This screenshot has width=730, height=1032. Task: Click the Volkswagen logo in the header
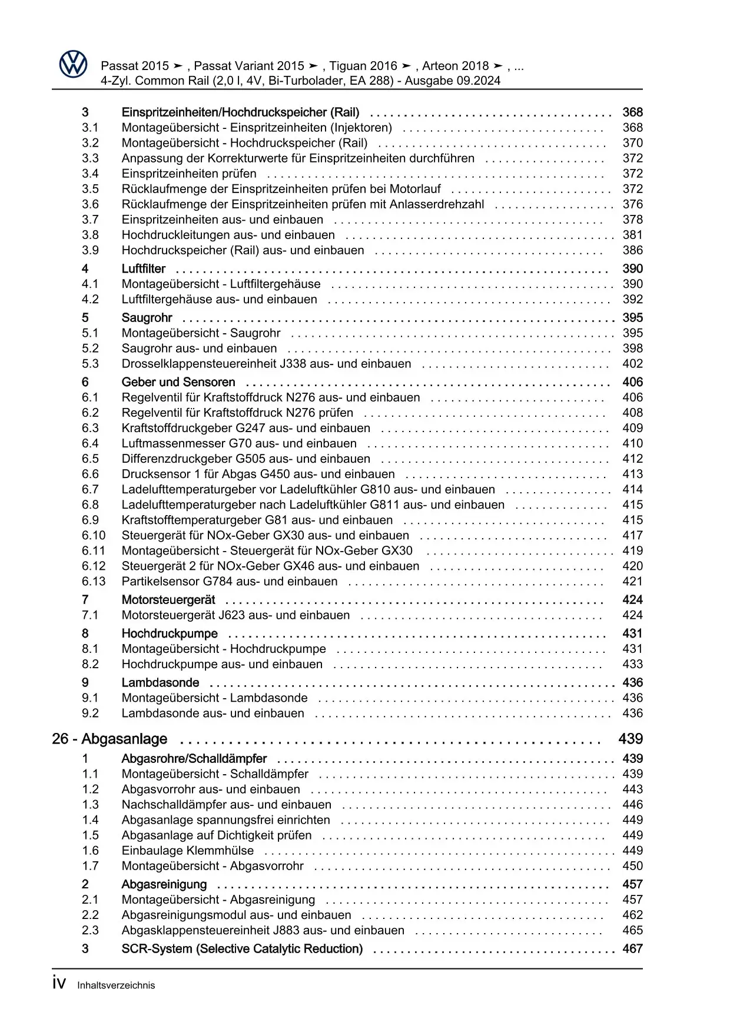pyautogui.click(x=73, y=64)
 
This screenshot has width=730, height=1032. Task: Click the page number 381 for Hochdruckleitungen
pyautogui.click(x=632, y=235)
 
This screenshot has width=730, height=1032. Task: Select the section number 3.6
pyautogui.click(x=90, y=204)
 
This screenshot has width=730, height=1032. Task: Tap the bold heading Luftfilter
pyautogui.click(x=144, y=269)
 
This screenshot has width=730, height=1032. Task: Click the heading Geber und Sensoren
pyautogui.click(x=178, y=382)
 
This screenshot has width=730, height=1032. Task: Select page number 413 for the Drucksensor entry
pyautogui.click(x=632, y=474)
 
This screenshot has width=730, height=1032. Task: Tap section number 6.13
pyautogui.click(x=94, y=581)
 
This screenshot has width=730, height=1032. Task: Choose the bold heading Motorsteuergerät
pyautogui.click(x=168, y=600)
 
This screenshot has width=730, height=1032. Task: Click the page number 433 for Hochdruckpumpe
pyautogui.click(x=632, y=664)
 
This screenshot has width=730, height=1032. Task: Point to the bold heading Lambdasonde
pyautogui.click(x=160, y=683)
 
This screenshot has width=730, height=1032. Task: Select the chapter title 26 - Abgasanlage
pyautogui.click(x=109, y=739)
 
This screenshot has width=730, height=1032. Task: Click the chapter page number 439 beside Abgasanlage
pyautogui.click(x=631, y=739)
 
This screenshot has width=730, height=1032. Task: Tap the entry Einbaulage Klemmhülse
pyautogui.click(x=188, y=851)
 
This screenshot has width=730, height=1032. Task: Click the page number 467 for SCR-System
pyautogui.click(x=632, y=949)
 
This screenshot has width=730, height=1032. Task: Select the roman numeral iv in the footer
pyautogui.click(x=59, y=984)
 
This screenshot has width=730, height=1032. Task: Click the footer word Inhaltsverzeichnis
pyautogui.click(x=116, y=985)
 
